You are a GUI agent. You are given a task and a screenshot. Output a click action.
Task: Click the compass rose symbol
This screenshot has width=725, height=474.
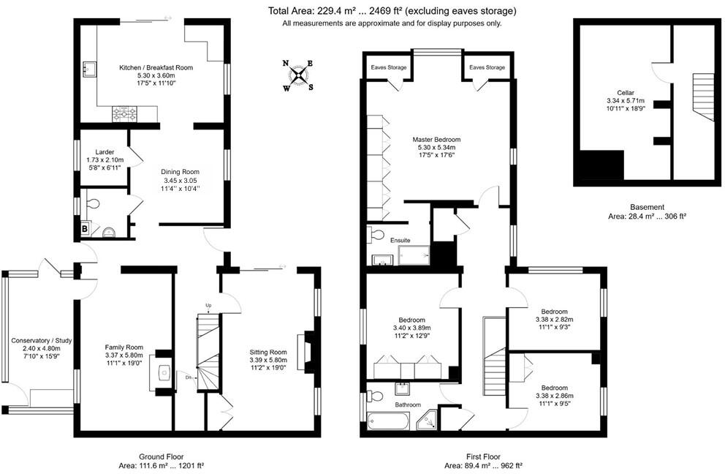pyautogui.click(x=298, y=75)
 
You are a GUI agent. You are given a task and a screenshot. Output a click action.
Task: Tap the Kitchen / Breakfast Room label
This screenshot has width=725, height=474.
pyautogui.click(x=156, y=67)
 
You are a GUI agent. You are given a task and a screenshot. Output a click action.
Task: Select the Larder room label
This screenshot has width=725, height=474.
pyautogui.click(x=105, y=151)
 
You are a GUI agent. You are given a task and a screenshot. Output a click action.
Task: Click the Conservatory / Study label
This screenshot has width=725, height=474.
pyautogui.click(x=40, y=341)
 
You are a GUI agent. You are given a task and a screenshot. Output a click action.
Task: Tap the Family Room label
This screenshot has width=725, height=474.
pyautogui.click(x=124, y=347)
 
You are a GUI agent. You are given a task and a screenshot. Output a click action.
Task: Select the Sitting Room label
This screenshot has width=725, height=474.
pyautogui.click(x=268, y=351)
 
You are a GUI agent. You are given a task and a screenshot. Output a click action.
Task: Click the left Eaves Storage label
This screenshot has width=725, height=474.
pyautogui.click(x=389, y=67)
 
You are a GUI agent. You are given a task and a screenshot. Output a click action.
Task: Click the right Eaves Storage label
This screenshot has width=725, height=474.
pyautogui.click(x=487, y=67)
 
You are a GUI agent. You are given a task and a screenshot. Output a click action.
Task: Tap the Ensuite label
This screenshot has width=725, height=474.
pyautogui.click(x=401, y=240)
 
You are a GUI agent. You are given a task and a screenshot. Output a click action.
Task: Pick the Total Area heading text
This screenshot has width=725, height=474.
pyautogui.click(x=392, y=11)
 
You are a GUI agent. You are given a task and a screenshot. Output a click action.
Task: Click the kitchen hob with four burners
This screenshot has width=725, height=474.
pyautogui.click(x=124, y=113)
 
